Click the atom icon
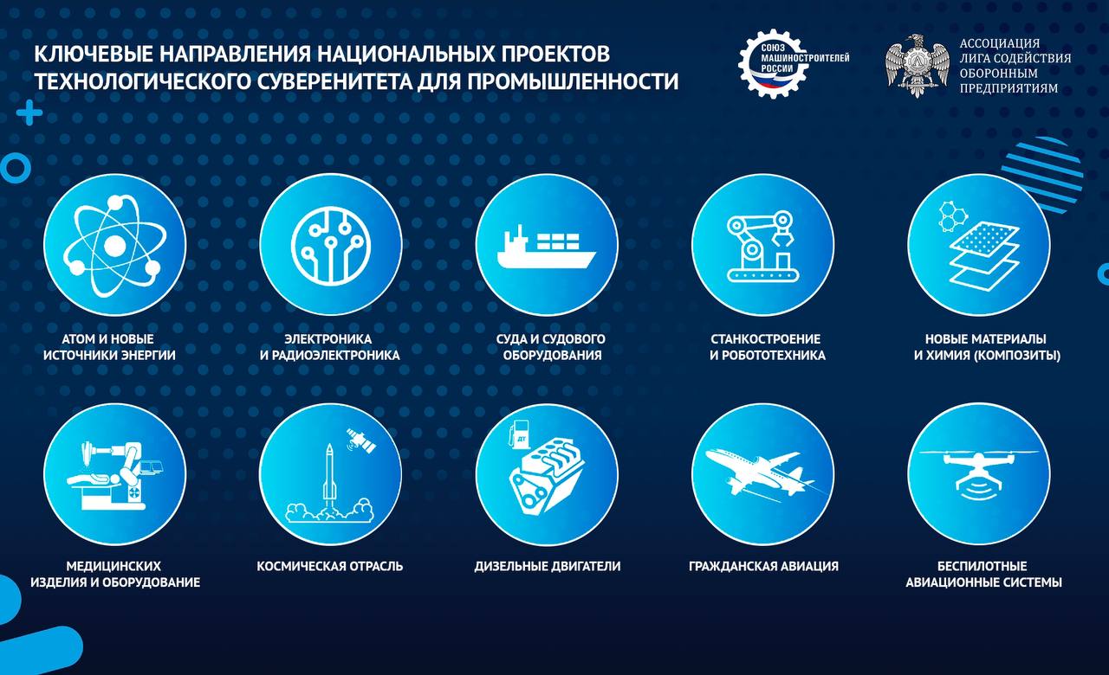[114, 245]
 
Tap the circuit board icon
[330, 245]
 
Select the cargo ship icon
[547, 247]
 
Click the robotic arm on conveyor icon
[762, 246]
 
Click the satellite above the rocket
[362, 440]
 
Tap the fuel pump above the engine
[518, 434]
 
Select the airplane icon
[762, 473]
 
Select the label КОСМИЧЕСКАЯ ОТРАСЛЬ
[330, 566]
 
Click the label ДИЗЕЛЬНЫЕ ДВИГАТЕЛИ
[547, 566]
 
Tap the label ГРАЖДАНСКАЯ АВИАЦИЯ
[763, 566]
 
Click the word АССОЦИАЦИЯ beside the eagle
[1000, 43]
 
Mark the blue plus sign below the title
[29, 112]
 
